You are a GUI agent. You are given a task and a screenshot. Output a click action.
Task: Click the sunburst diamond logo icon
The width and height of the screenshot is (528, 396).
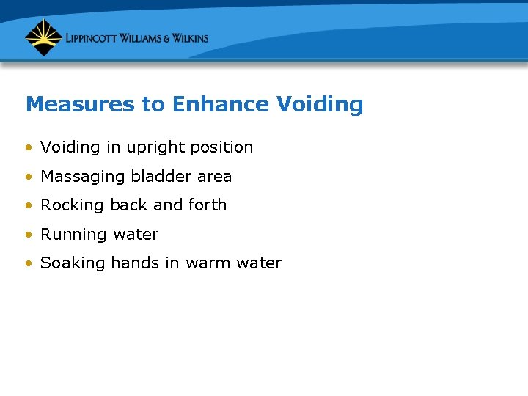pyautogui.click(x=43, y=37)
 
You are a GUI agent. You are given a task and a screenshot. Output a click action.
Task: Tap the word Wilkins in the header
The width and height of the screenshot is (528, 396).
pyautogui.click(x=185, y=38)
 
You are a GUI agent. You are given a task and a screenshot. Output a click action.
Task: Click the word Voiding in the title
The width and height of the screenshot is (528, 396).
pyautogui.click(x=320, y=105)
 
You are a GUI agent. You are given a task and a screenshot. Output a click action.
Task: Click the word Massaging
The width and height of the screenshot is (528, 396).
pyautogui.click(x=83, y=177)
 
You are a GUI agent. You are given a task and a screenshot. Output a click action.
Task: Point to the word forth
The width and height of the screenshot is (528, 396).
pyautogui.click(x=208, y=205)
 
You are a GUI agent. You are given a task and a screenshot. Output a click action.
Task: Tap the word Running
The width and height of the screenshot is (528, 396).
pyautogui.click(x=73, y=235)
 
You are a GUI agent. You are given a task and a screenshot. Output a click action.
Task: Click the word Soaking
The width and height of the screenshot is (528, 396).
pyautogui.click(x=73, y=264)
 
